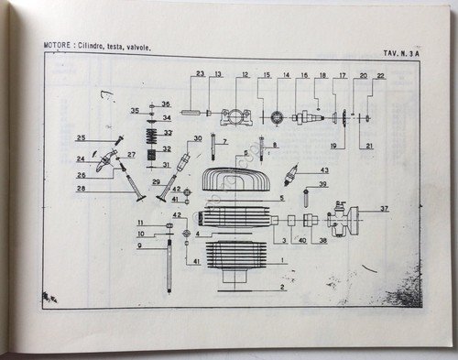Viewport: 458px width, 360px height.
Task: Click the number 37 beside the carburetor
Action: (385, 209)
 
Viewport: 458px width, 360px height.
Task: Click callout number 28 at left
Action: (107, 189)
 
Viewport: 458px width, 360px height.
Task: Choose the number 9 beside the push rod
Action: (140, 245)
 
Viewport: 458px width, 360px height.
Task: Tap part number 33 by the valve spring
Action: (168, 133)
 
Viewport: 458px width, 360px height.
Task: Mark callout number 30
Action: (197, 140)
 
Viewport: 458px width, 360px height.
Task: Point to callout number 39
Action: (322, 185)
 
